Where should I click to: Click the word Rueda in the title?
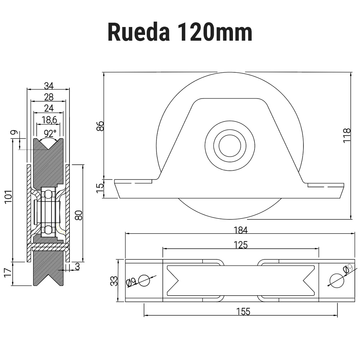(139, 32)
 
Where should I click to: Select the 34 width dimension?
(49, 86)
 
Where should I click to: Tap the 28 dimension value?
(49, 97)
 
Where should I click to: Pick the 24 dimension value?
(49, 108)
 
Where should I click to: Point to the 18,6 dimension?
(49, 120)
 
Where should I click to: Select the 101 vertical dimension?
(8, 197)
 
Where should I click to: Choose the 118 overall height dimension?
(347, 135)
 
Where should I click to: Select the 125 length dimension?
(240, 245)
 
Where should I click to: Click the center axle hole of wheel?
(230, 146)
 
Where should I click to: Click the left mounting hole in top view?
(144, 280)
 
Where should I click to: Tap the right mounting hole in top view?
(337, 280)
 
